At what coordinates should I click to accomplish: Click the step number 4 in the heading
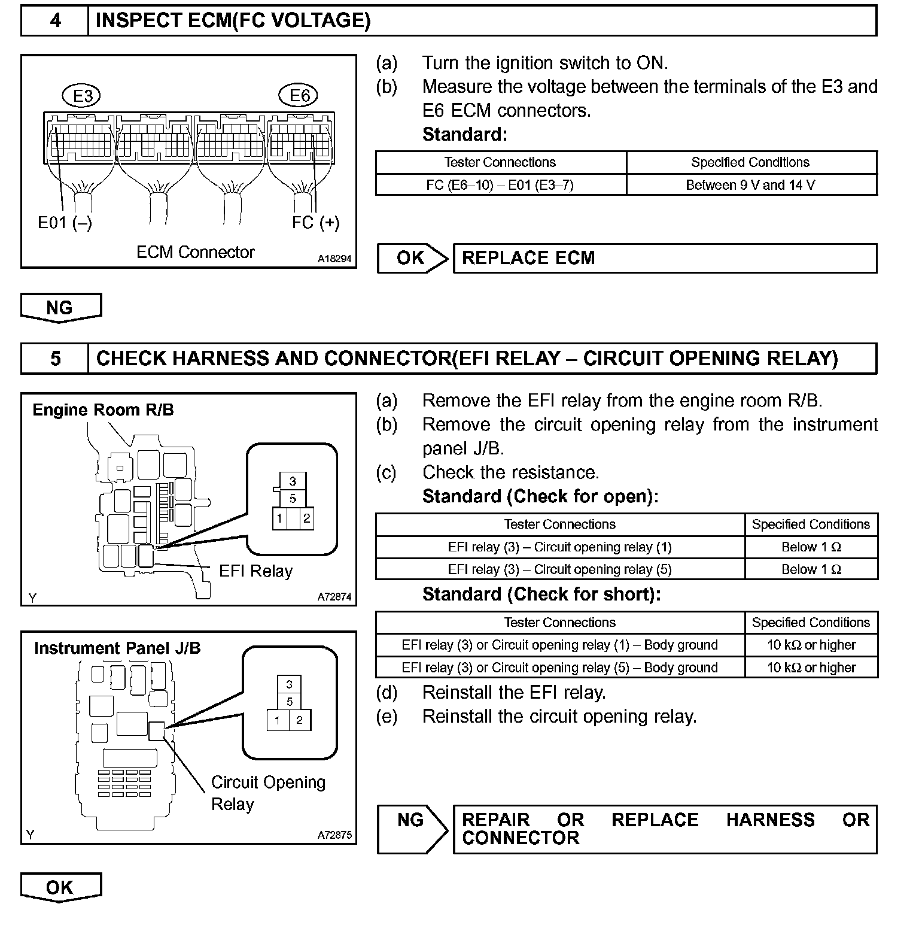tap(55, 20)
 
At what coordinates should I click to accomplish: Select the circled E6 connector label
tap(299, 95)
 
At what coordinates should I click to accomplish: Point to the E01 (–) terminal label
tap(65, 223)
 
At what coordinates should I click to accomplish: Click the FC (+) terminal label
tap(315, 223)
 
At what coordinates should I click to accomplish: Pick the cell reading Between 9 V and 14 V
tap(750, 185)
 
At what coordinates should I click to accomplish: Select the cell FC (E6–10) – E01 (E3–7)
tap(500, 185)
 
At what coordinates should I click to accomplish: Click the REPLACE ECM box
tap(664, 258)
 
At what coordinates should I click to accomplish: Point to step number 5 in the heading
tap(55, 358)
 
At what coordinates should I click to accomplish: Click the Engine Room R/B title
tap(103, 410)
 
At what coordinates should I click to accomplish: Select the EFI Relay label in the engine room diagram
tap(255, 571)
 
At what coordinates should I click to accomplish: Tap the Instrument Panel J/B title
tap(117, 648)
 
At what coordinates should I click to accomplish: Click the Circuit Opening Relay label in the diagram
tap(268, 793)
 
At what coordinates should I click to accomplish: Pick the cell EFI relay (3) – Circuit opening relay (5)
tap(559, 569)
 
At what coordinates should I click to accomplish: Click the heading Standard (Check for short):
tap(541, 594)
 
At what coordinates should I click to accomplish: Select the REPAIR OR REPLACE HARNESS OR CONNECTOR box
tap(664, 829)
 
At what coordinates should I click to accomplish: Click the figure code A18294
tap(334, 259)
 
